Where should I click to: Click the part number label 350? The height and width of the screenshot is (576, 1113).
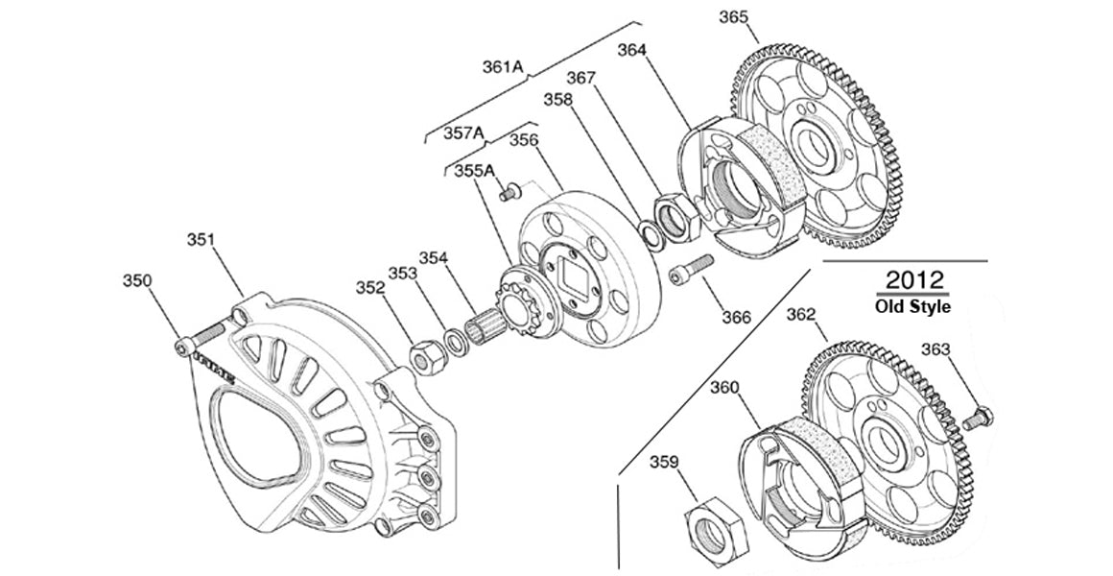click(136, 280)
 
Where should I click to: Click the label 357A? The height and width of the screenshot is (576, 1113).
click(463, 133)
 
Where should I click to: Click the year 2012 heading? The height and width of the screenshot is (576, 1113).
click(913, 281)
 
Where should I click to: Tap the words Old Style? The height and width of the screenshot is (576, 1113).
click(913, 307)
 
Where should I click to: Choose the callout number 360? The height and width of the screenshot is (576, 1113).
click(724, 388)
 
